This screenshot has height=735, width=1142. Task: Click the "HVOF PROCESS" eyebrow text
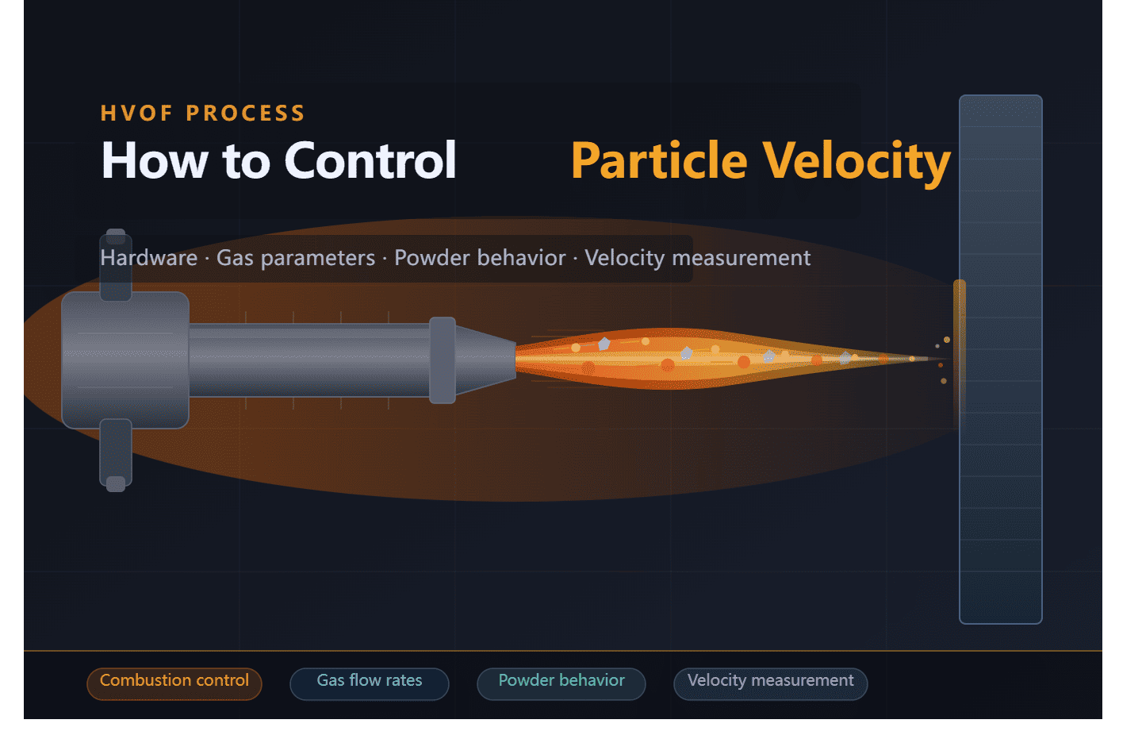click(202, 114)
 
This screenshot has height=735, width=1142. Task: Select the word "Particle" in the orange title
click(659, 161)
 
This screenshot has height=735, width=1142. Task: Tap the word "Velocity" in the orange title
click(856, 161)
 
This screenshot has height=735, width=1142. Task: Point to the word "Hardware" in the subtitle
click(148, 258)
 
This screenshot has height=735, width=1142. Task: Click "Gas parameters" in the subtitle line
click(296, 258)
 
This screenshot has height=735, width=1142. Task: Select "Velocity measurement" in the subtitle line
click(697, 258)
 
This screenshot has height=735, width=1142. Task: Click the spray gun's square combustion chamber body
click(125, 360)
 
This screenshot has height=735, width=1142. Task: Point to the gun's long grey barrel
click(309, 360)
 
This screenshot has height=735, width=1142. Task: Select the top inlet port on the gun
click(116, 266)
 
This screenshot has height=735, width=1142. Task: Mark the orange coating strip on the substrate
click(960, 341)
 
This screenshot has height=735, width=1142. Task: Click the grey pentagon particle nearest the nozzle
click(604, 344)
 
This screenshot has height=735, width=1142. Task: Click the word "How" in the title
click(155, 161)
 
